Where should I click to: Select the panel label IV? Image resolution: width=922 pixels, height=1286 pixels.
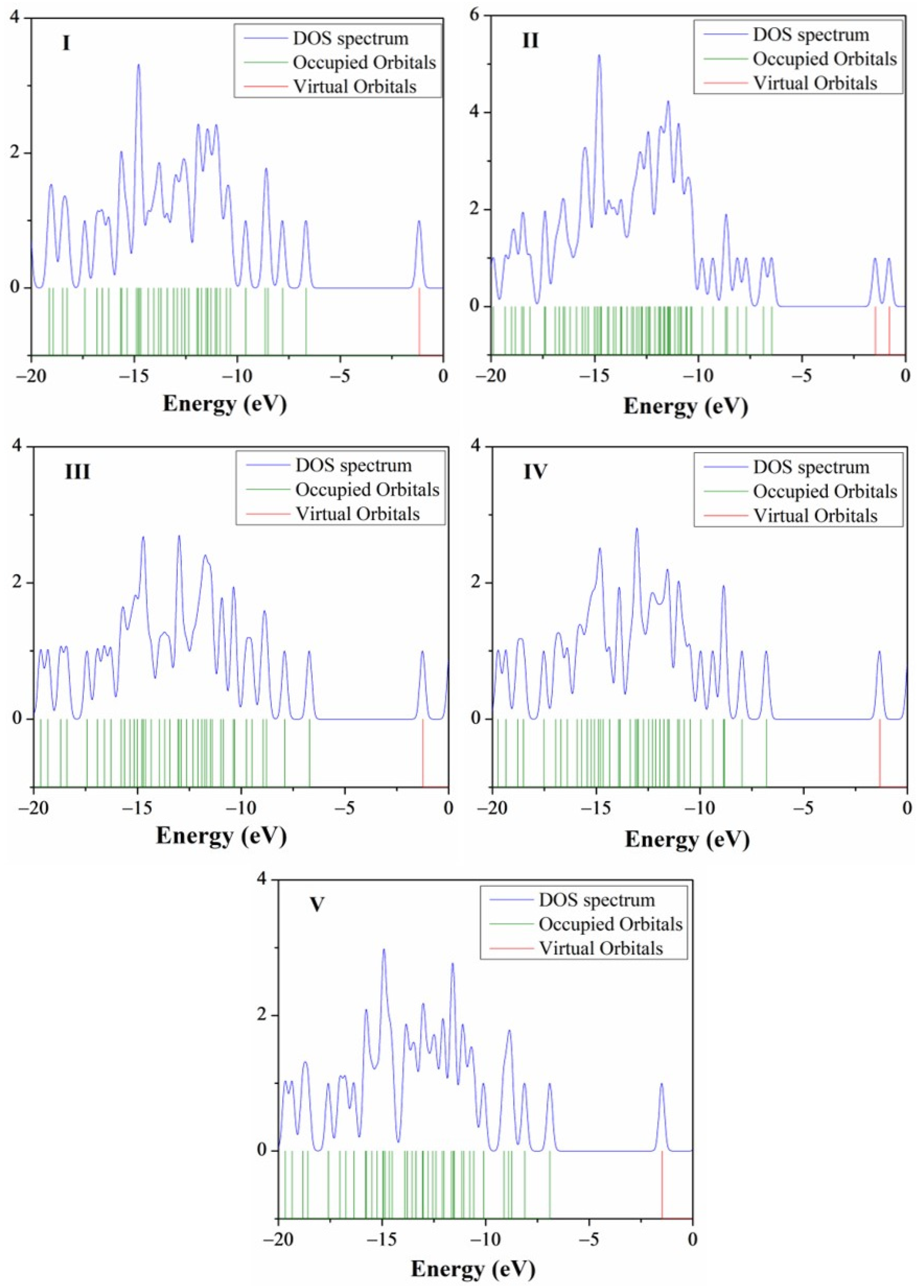[x=535, y=472]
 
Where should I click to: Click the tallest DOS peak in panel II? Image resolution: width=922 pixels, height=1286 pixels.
[x=599, y=56]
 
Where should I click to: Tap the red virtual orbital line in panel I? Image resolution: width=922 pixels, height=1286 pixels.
[x=419, y=321]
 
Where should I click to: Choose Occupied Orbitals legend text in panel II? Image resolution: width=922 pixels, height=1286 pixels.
[x=825, y=59]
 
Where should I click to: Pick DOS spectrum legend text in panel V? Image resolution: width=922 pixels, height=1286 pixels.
[x=597, y=900]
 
